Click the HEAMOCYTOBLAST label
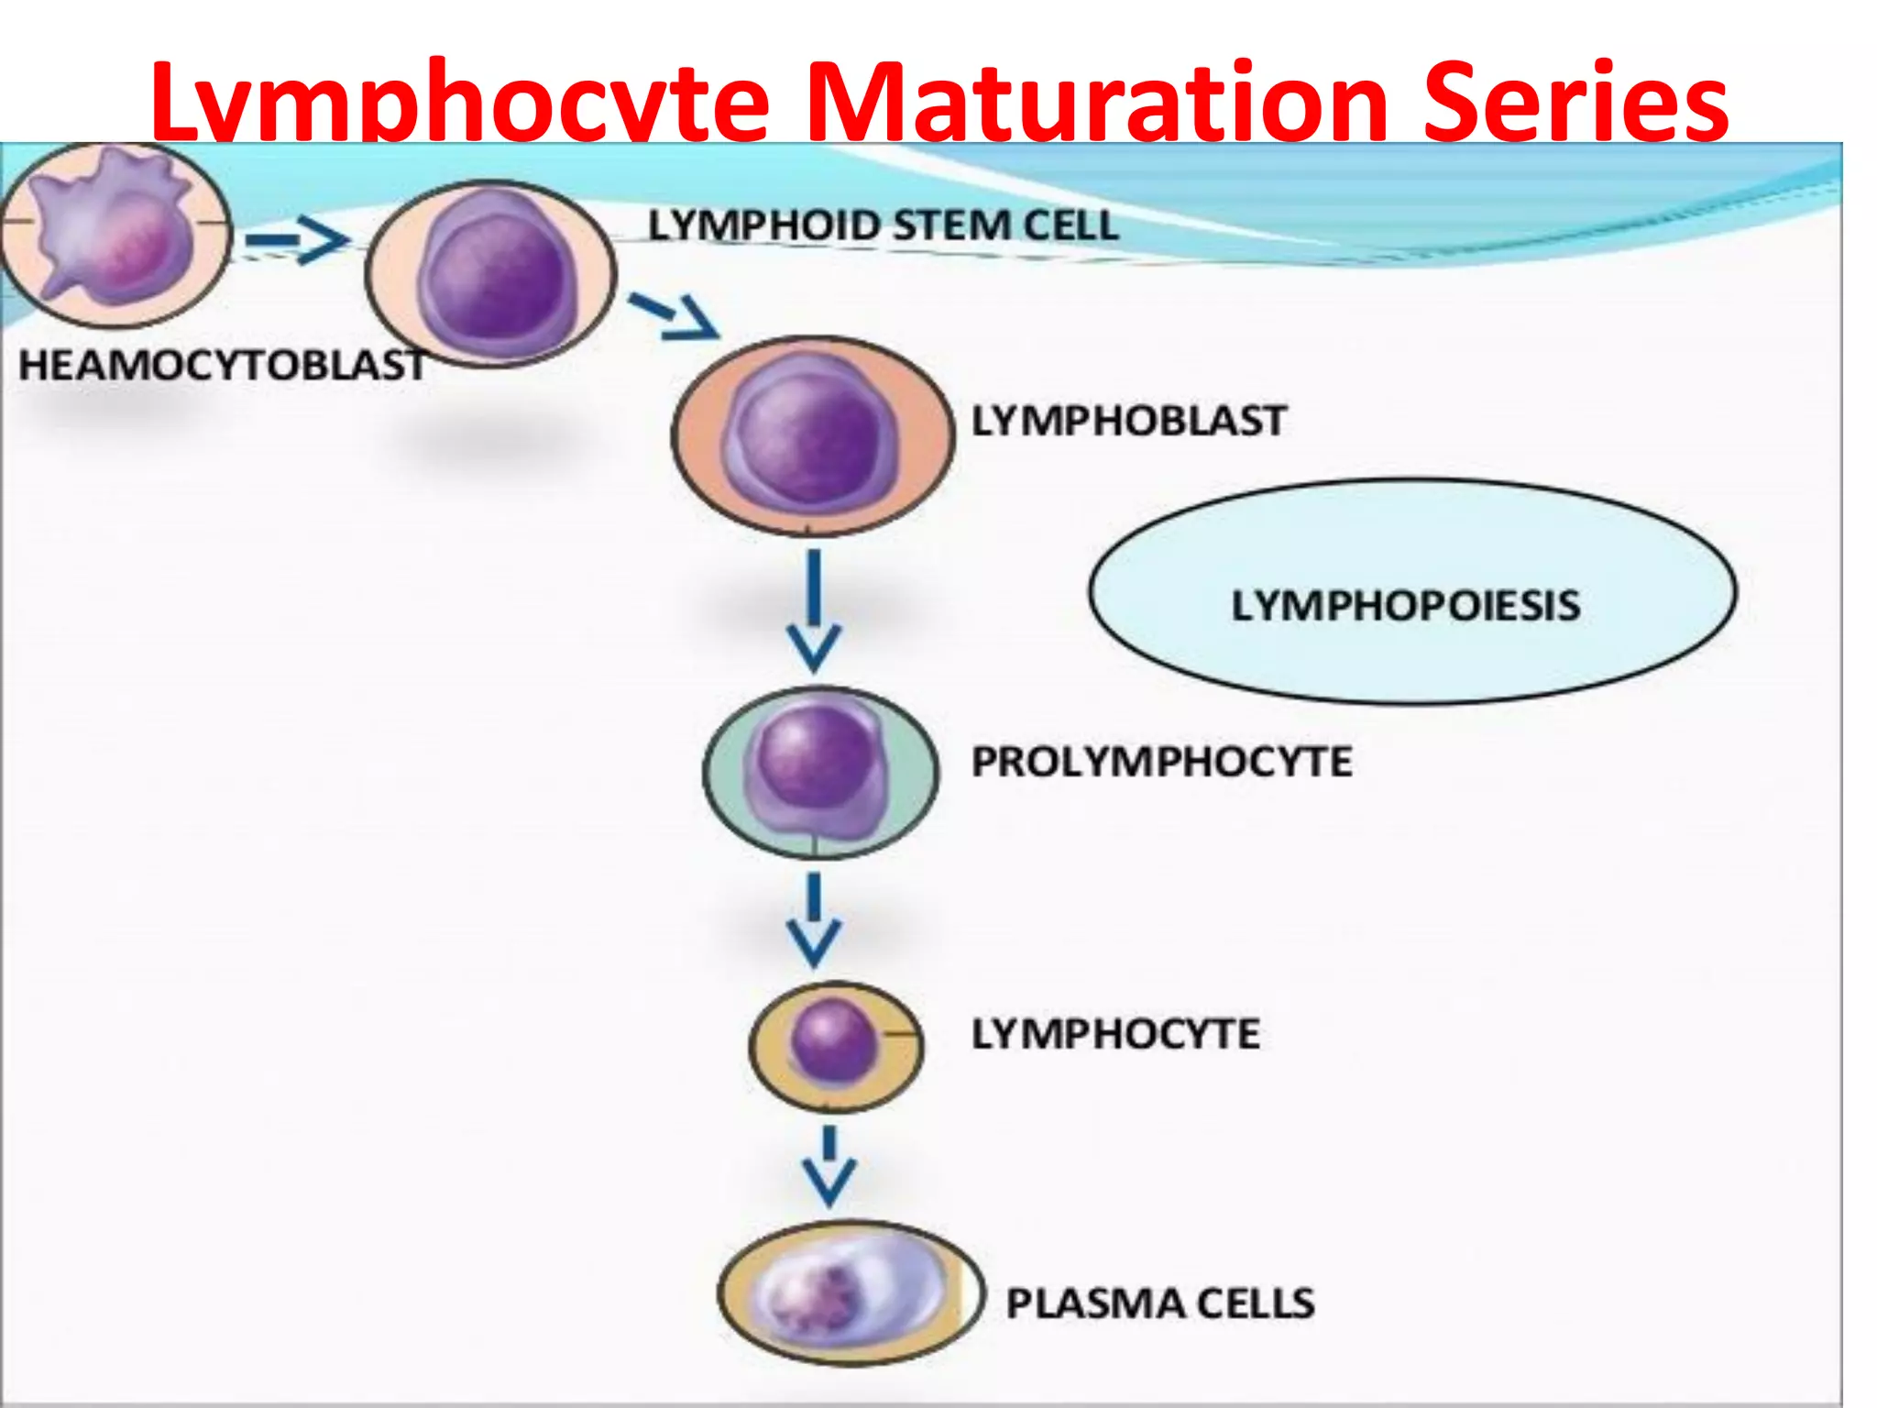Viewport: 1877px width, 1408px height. (x=223, y=365)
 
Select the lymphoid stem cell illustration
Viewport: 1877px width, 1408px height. (x=492, y=274)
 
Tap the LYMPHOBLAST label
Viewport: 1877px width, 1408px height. (x=1129, y=421)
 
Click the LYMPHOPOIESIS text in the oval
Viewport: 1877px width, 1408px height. (x=1406, y=605)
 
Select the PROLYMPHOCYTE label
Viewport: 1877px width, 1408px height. (x=1161, y=762)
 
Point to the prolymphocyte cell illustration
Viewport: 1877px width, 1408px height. (x=819, y=772)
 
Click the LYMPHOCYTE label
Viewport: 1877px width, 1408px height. (x=1115, y=1034)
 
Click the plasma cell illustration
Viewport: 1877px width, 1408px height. (x=849, y=1293)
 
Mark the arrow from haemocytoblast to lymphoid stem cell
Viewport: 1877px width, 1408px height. (x=297, y=240)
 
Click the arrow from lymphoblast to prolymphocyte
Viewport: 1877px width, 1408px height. (x=814, y=610)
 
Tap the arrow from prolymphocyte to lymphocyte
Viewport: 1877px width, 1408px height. (x=814, y=919)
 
